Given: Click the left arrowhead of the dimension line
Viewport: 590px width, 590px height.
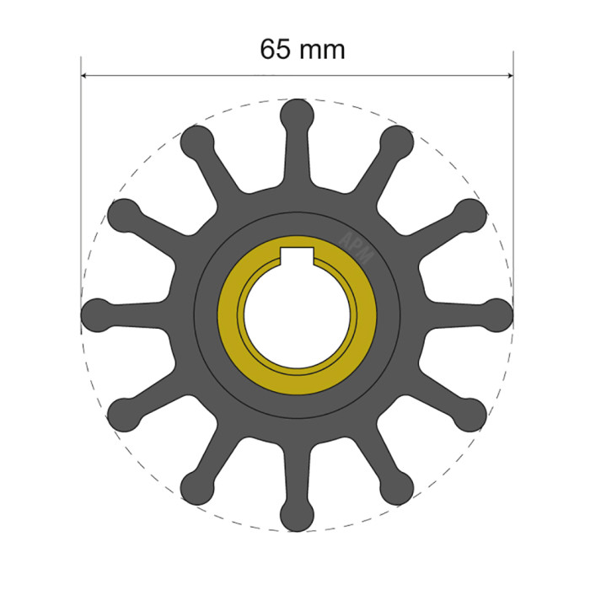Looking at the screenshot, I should pyautogui.click(x=85, y=76).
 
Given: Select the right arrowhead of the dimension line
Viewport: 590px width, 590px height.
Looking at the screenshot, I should pyautogui.click(x=508, y=76).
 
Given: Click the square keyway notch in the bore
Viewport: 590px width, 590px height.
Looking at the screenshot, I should pyautogui.click(x=297, y=257).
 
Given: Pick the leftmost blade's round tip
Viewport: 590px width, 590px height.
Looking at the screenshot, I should pyautogui.click(x=96, y=315).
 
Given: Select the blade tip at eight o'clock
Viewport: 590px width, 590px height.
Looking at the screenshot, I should pyautogui.click(x=124, y=415).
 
